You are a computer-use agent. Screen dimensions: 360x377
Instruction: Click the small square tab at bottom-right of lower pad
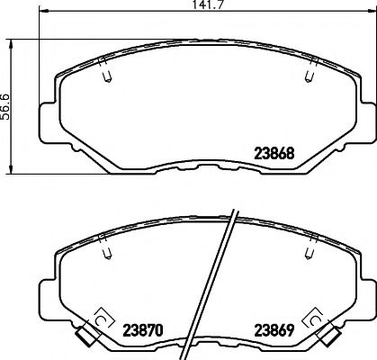328,337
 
